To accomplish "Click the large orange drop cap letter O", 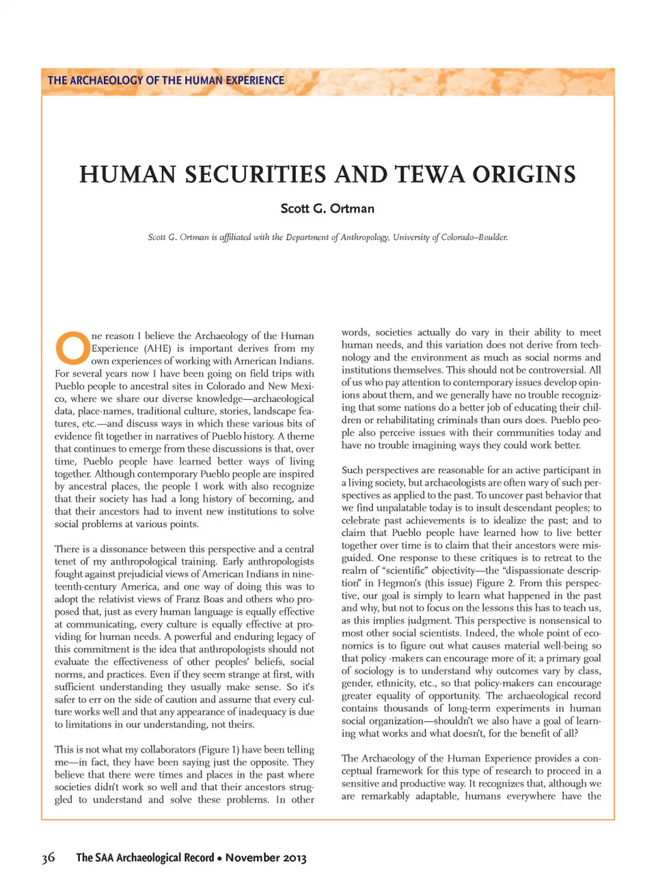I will pyautogui.click(x=72, y=348).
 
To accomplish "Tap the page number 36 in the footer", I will pyautogui.click(x=48, y=858).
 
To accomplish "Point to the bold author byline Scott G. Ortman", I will pyautogui.click(x=327, y=208).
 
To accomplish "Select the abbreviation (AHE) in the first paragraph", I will pyautogui.click(x=156, y=348).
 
